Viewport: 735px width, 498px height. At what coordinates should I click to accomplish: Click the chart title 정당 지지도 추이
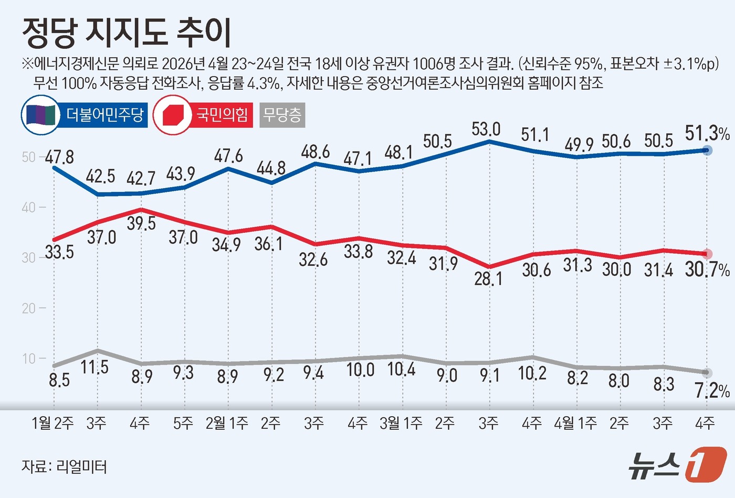(x=127, y=33)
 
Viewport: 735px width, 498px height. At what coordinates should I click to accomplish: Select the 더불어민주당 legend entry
(x=85, y=115)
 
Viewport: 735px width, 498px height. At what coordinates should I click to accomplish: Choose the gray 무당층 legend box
(x=282, y=115)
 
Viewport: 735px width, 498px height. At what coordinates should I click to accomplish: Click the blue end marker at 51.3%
(x=707, y=150)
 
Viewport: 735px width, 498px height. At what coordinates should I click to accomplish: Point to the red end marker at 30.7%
(x=707, y=254)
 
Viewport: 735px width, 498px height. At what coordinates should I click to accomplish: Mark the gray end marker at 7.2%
(x=707, y=373)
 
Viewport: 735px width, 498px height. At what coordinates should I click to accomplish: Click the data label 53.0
(x=486, y=129)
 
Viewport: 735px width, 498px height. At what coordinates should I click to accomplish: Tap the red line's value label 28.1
(x=488, y=278)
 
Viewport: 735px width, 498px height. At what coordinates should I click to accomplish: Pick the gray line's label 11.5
(x=95, y=367)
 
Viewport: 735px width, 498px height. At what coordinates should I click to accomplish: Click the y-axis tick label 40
(x=29, y=208)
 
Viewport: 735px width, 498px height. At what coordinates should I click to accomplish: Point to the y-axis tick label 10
(x=29, y=359)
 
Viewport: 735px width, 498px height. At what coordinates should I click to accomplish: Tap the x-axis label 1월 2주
(x=53, y=423)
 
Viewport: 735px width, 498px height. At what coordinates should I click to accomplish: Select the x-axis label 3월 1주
(x=401, y=423)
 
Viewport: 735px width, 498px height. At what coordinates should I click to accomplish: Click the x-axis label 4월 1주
(x=575, y=423)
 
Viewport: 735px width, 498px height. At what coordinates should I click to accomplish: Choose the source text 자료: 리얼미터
(x=64, y=466)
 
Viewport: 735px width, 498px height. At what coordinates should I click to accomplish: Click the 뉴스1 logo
(x=677, y=464)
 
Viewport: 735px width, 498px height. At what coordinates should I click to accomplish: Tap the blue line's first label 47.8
(x=59, y=157)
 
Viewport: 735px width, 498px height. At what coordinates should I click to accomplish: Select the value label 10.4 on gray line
(x=402, y=369)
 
